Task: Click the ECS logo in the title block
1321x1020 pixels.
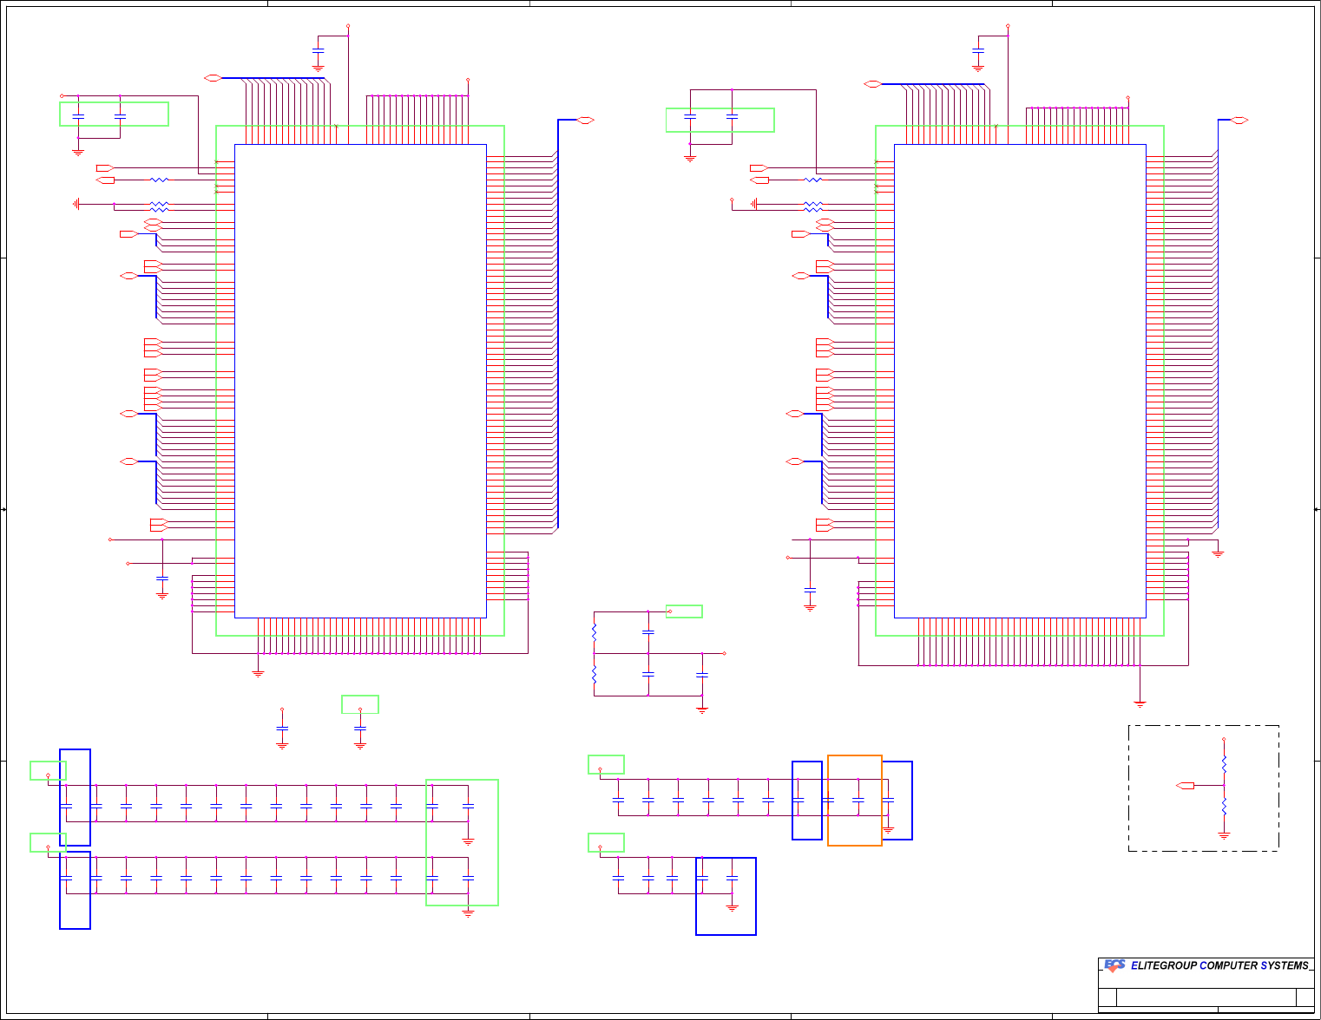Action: point(1114,965)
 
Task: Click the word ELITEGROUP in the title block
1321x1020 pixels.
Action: point(1163,965)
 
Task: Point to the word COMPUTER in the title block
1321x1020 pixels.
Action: point(1227,965)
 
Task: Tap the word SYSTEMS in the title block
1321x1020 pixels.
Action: point(1285,965)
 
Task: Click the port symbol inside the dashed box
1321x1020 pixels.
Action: point(1186,786)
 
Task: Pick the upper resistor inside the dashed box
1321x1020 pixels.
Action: point(1224,764)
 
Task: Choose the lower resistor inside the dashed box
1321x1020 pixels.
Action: point(1224,807)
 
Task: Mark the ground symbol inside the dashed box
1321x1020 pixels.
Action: point(1224,835)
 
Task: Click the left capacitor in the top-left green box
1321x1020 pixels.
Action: point(78,115)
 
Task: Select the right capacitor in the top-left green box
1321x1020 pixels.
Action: point(120,115)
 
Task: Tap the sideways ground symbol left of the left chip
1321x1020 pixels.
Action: point(77,204)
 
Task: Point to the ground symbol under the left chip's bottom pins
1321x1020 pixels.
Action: point(258,672)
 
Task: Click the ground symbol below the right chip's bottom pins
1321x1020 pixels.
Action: point(1140,703)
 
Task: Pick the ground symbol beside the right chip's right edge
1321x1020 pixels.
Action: point(1218,552)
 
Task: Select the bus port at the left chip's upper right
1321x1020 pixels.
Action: point(585,120)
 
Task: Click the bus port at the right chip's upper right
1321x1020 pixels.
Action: point(1240,120)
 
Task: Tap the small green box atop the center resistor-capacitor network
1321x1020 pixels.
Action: point(684,611)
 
